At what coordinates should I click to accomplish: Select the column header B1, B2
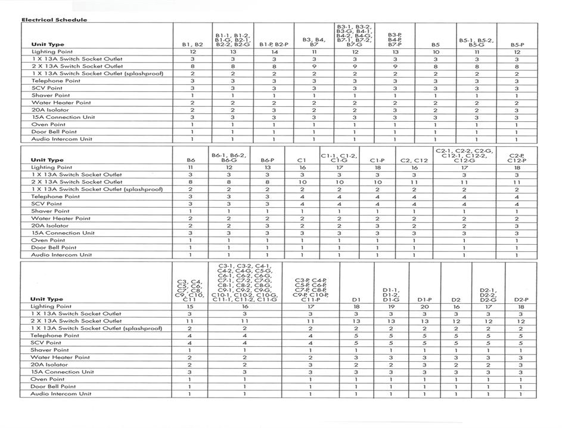[192, 45]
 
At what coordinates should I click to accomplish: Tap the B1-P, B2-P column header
[274, 45]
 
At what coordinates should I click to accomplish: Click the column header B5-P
[517, 45]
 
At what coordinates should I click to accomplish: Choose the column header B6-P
[267, 160]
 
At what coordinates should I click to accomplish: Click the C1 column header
[302, 160]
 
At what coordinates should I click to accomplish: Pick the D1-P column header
[424, 299]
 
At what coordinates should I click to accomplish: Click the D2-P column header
[520, 299]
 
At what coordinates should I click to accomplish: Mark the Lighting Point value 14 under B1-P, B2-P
[274, 53]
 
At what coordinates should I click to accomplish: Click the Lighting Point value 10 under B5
[436, 53]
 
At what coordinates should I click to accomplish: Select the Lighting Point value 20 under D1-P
[424, 306]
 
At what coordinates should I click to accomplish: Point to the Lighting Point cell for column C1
[302, 168]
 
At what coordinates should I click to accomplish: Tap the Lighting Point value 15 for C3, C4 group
[190, 306]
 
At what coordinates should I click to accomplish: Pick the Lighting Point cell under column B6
[191, 168]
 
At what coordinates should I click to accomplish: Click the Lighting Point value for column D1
[356, 306]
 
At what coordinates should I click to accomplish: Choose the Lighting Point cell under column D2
[456, 306]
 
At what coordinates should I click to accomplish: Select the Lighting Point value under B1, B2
[192, 53]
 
